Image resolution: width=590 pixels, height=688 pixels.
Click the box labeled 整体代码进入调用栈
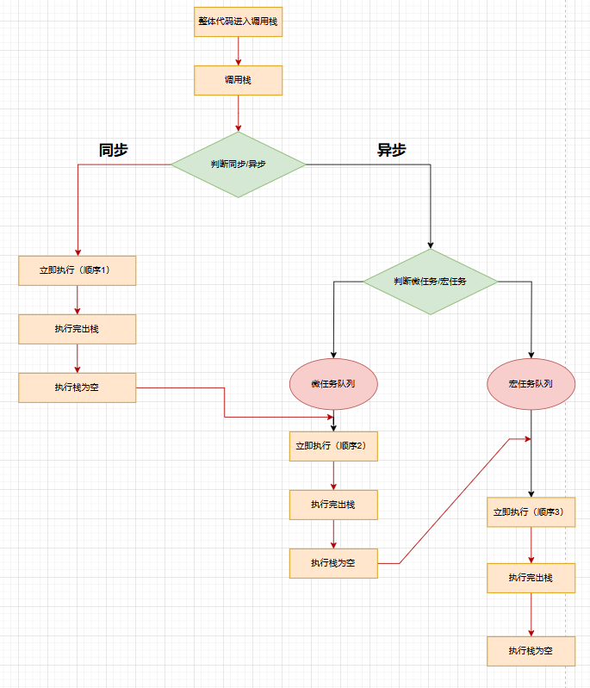coord(238,22)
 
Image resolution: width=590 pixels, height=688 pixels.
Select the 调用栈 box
coord(238,80)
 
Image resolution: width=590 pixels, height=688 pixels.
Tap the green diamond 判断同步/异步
coord(238,164)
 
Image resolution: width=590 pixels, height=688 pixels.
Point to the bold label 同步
coord(114,150)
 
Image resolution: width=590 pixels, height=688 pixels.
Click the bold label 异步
coord(392,150)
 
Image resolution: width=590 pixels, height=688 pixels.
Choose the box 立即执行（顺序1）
coord(78,270)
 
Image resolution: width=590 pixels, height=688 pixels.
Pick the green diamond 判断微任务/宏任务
coord(430,282)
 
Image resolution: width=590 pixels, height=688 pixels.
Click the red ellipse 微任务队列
coord(333,383)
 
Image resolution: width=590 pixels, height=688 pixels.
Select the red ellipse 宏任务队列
coord(531,383)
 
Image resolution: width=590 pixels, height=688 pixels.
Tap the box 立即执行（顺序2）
coord(333,446)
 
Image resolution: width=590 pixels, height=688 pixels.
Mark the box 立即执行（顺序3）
coord(530,511)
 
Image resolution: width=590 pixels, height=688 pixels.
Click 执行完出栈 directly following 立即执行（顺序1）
coord(78,329)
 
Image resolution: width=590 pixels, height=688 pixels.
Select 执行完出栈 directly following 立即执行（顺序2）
coord(333,505)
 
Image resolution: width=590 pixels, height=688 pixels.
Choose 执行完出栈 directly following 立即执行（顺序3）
coord(530,578)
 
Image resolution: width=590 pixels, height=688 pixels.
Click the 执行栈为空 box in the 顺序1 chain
coord(78,387)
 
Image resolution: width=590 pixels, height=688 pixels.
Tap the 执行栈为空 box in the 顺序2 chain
coord(333,563)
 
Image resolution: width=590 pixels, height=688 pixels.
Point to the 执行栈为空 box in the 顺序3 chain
coord(530,651)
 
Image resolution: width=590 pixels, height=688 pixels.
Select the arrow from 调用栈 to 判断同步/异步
coord(238,113)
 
